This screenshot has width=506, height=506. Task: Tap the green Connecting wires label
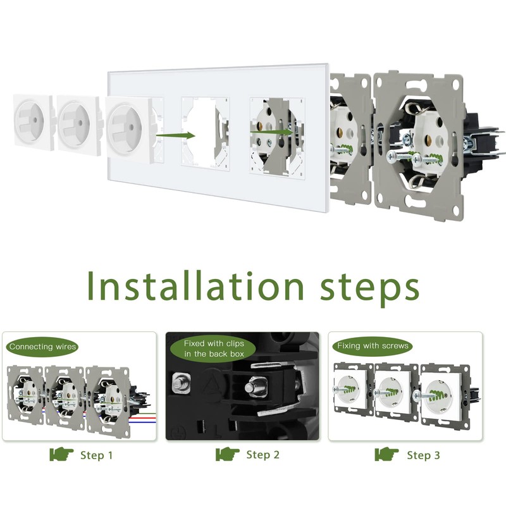point(42,347)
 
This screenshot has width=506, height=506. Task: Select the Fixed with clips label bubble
point(214,349)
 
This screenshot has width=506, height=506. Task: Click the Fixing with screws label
point(373,346)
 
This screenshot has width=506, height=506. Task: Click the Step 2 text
point(262,455)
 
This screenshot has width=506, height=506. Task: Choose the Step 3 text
point(423,455)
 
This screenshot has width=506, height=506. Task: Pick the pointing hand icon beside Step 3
point(386,454)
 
